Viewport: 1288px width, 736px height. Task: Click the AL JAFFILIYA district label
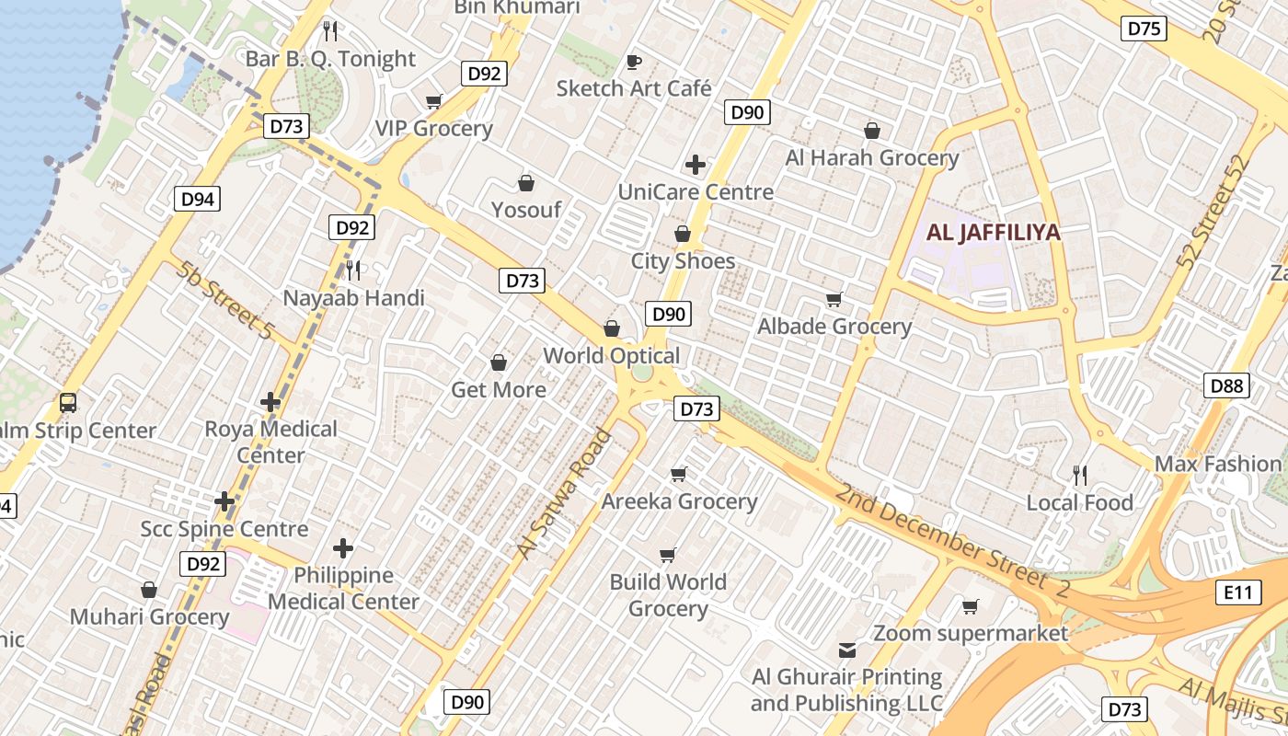click(x=993, y=232)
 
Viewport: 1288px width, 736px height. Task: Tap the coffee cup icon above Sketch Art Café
click(x=633, y=62)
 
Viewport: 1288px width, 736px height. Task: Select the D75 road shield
click(x=1144, y=29)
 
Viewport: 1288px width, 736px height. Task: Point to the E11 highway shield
click(x=1238, y=592)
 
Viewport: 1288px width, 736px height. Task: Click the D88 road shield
click(x=1227, y=385)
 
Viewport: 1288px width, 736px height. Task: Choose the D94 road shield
click(x=198, y=198)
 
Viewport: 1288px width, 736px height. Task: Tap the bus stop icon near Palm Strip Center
click(x=68, y=402)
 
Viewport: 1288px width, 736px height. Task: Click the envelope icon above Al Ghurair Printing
click(x=846, y=650)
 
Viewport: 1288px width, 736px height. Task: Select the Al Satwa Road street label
click(x=563, y=493)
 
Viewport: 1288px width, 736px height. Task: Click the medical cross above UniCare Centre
click(x=696, y=165)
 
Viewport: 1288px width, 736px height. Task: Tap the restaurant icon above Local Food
click(x=1080, y=476)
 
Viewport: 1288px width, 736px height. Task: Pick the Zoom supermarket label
click(x=971, y=633)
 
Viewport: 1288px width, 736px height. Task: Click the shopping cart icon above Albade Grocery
click(x=834, y=299)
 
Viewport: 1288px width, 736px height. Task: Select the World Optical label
click(x=612, y=356)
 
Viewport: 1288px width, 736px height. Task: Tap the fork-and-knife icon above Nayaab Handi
click(x=353, y=270)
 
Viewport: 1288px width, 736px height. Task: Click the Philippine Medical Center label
click(x=344, y=589)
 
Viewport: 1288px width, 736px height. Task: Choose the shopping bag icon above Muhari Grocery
click(x=149, y=589)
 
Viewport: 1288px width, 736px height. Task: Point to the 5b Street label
click(x=226, y=301)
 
